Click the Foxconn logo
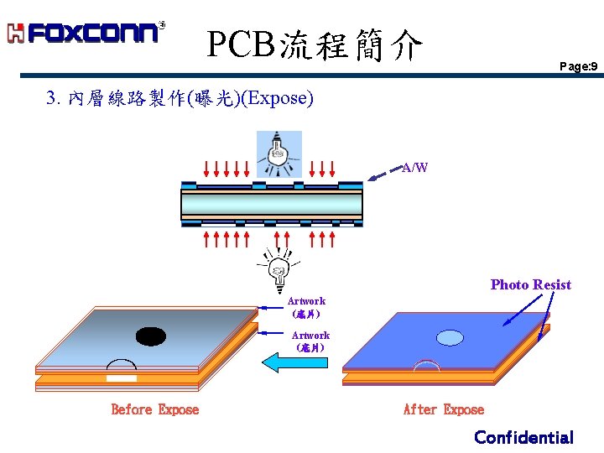pyautogui.click(x=86, y=33)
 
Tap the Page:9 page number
pyautogui.click(x=579, y=66)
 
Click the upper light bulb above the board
pyautogui.click(x=279, y=151)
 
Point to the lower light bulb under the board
pyautogui.click(x=277, y=267)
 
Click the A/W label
pyautogui.click(x=415, y=168)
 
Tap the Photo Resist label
pyautogui.click(x=530, y=284)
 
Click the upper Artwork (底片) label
pyautogui.click(x=306, y=306)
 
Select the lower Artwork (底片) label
pyautogui.click(x=310, y=341)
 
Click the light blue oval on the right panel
pyautogui.click(x=450, y=338)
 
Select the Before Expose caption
pyautogui.click(x=155, y=409)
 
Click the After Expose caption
pyautogui.click(x=444, y=409)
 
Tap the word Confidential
pyautogui.click(x=523, y=437)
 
